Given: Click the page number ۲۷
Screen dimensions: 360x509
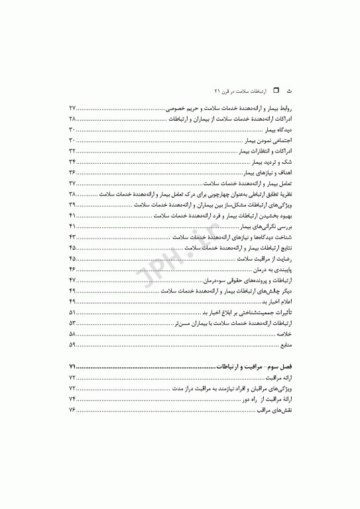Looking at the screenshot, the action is (x=73, y=107).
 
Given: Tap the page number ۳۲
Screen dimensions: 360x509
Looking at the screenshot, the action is (x=73, y=150).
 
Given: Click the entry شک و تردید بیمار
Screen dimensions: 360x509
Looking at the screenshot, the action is (x=273, y=161).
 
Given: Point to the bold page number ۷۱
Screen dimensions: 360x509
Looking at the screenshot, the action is (x=73, y=366).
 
